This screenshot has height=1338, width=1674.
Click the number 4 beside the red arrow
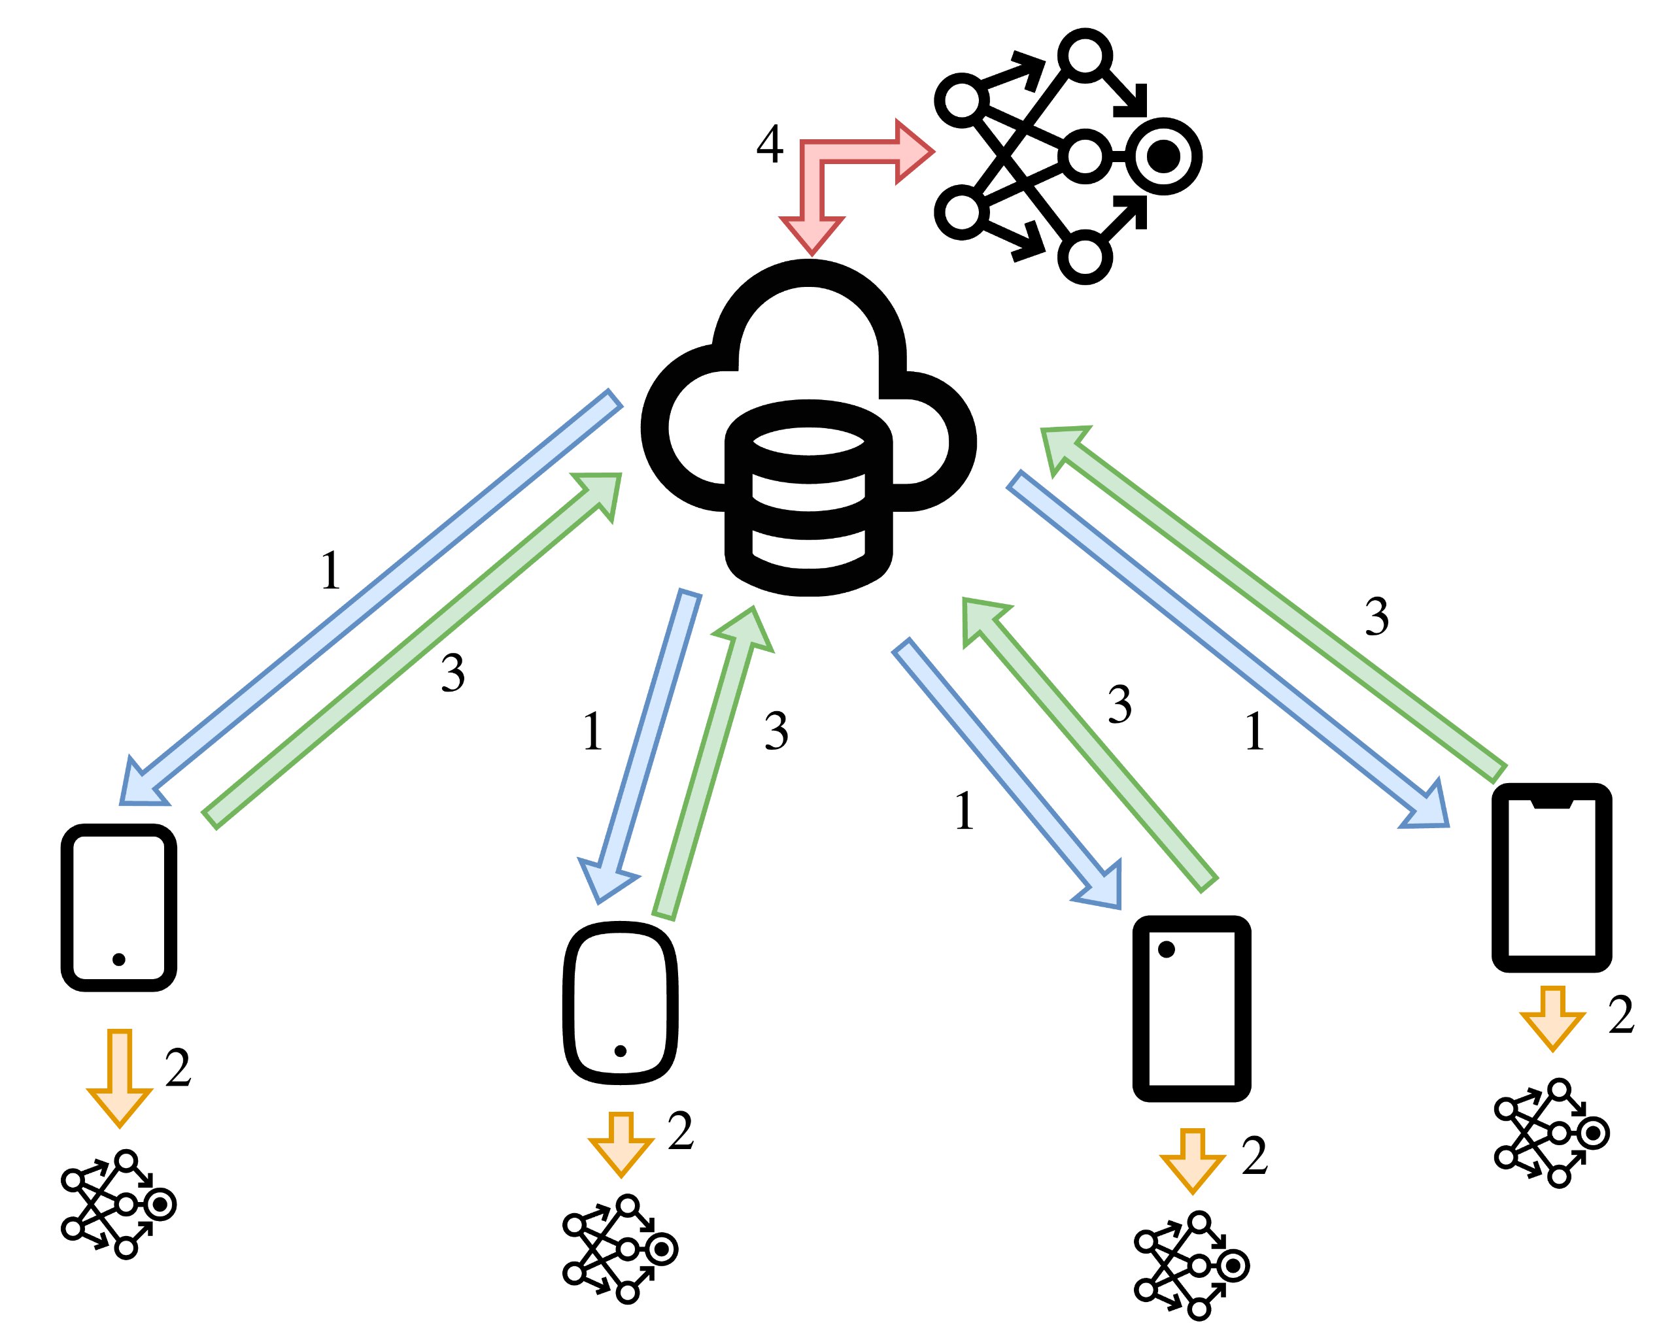click(x=770, y=144)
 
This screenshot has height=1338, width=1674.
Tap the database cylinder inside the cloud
click(x=808, y=497)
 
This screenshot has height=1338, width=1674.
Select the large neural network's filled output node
click(x=1163, y=157)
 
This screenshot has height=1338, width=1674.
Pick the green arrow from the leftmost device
click(x=411, y=650)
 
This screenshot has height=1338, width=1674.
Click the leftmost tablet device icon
click(x=119, y=907)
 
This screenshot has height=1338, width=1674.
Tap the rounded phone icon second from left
click(x=620, y=1003)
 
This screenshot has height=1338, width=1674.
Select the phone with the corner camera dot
click(x=1191, y=1008)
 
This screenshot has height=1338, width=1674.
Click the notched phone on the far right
click(x=1551, y=878)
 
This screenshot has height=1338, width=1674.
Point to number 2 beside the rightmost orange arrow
click(x=1621, y=1015)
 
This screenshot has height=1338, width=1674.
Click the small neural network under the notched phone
click(x=1550, y=1133)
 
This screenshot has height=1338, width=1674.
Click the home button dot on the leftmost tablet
click(x=119, y=960)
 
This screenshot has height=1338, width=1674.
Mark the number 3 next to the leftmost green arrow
click(x=453, y=673)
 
